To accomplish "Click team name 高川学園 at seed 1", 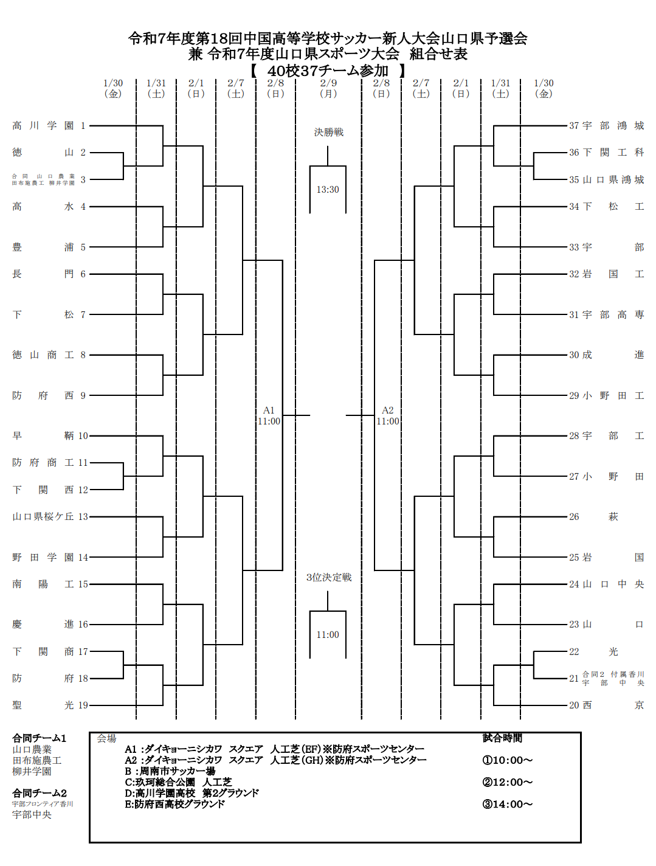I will pos(43,126).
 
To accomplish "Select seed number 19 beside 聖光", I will pos(83,705).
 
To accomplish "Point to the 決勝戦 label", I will pos(328,132).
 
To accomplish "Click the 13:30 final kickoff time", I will pos(328,190).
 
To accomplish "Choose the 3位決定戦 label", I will pos(328,577).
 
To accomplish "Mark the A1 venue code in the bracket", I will pos(269,410).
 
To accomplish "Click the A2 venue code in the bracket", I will pos(387,410).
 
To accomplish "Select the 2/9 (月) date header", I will pos(328,88).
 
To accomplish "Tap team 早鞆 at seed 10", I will pos(43,436).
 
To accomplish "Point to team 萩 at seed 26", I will pos(613,517).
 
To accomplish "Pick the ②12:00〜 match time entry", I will pos(507,782).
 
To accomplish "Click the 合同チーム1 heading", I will pos(40,738).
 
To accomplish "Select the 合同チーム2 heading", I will pos(40,793).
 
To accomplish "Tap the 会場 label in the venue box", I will pos(106,738).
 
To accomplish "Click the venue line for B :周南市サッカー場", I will pos(170,771).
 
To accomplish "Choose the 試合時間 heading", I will pos(502,738).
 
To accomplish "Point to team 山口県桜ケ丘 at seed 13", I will pos(43,517).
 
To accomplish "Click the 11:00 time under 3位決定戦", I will pos(328,635).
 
